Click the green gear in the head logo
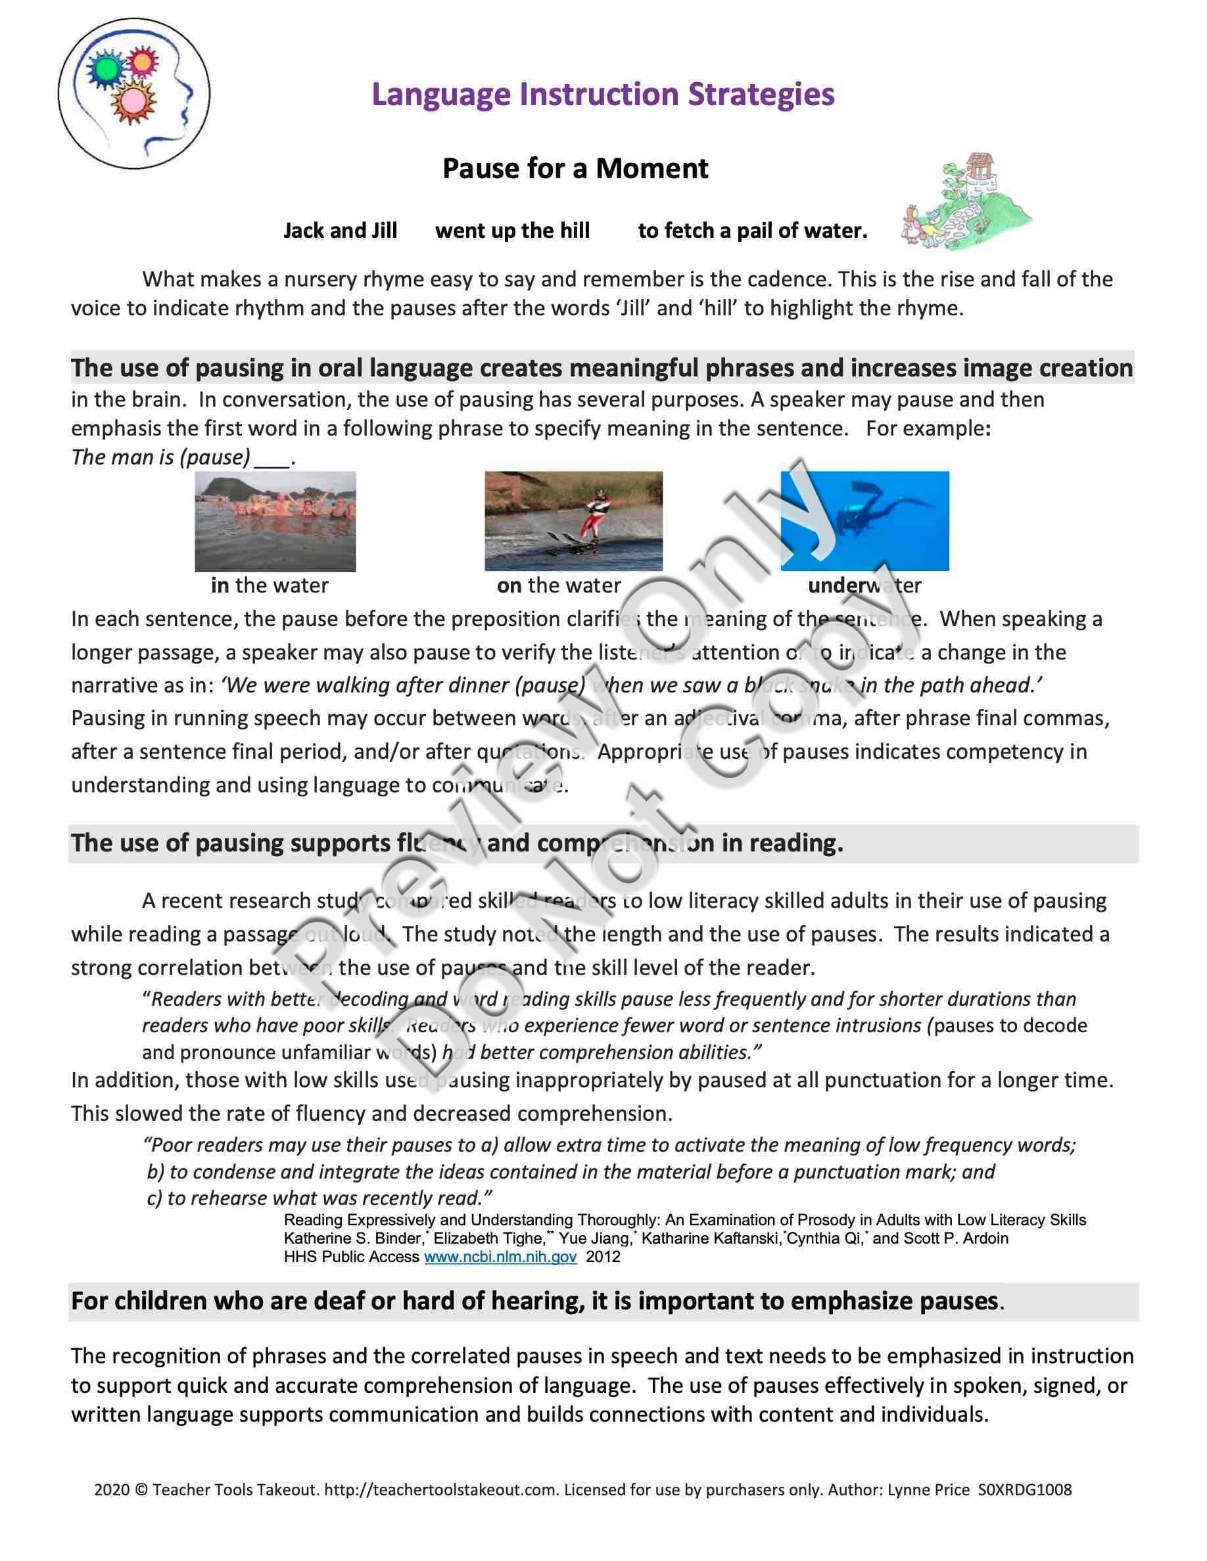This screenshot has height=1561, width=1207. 106,68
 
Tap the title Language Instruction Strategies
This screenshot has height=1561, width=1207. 603,95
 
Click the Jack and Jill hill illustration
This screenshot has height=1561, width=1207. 965,203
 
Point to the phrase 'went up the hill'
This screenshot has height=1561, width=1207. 512,231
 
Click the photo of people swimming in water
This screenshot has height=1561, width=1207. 275,520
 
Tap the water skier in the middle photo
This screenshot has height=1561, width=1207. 595,516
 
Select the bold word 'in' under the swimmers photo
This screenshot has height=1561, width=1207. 220,585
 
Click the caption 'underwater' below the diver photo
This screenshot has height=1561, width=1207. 864,585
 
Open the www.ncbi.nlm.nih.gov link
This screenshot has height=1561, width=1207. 500,1257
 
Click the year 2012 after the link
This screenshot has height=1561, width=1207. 603,1257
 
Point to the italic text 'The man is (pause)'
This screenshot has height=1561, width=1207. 161,457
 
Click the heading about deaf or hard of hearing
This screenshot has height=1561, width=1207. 534,1301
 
